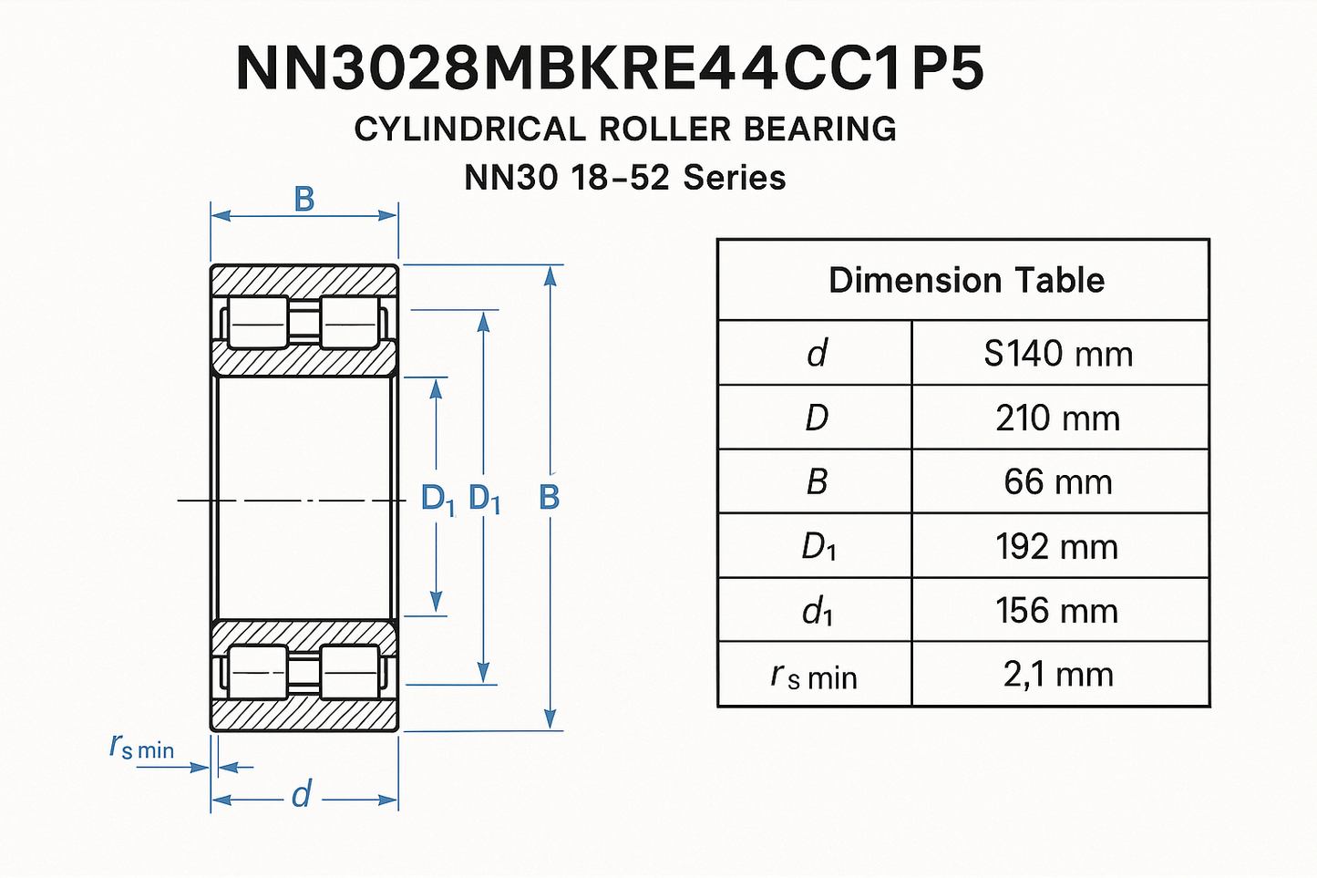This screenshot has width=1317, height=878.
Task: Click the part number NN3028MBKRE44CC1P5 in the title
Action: (x=611, y=68)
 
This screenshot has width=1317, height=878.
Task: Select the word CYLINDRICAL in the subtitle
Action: (x=470, y=129)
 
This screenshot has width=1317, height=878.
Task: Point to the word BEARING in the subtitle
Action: (x=820, y=129)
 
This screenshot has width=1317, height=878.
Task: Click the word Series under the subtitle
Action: (x=735, y=177)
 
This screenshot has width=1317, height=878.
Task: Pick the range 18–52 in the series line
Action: (x=620, y=177)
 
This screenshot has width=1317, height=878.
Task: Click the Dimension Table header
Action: (x=967, y=280)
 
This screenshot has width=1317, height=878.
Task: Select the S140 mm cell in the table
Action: (x=1058, y=354)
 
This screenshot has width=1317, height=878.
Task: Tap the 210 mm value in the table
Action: (x=1058, y=418)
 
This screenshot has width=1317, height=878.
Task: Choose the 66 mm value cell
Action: (x=1058, y=482)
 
